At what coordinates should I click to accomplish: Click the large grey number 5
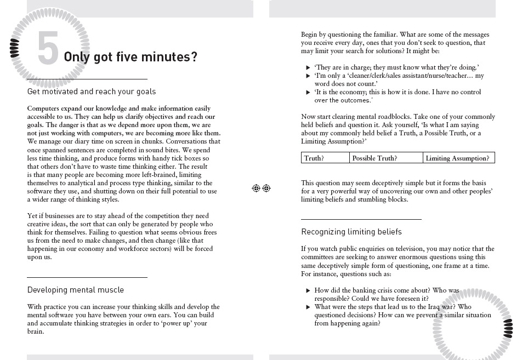[48, 49]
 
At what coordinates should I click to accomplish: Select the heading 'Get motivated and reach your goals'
[92, 92]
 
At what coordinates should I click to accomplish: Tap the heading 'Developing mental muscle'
[76, 290]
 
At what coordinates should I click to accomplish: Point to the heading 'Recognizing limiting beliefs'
[351, 232]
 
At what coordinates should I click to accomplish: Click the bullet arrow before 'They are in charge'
[308, 67]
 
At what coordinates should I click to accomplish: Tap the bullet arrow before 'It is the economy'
[308, 93]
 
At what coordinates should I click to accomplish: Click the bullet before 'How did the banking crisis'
[308, 290]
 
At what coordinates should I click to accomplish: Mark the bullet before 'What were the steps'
[308, 307]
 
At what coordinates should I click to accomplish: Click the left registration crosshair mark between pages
[256, 188]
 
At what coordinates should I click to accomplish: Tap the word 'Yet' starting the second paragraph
[33, 216]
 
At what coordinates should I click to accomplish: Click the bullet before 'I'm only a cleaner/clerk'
[308, 76]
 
